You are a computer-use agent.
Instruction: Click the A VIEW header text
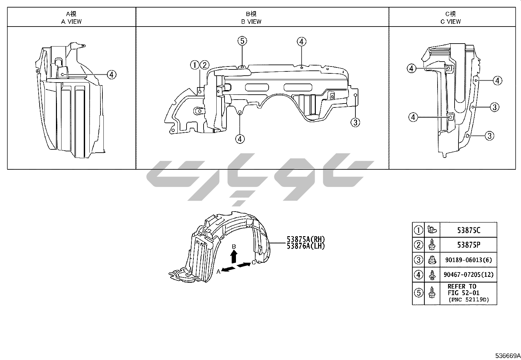(71, 22)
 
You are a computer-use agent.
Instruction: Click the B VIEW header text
(251, 22)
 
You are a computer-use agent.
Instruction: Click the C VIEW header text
(451, 22)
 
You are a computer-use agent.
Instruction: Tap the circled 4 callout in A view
(111, 75)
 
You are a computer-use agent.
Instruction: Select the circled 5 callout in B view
(242, 41)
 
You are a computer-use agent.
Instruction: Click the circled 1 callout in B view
(195, 65)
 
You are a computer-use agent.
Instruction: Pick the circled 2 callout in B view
(205, 65)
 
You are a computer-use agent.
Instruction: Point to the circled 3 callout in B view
(355, 122)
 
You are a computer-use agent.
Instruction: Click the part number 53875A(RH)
(306, 239)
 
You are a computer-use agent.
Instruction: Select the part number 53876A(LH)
(306, 246)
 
